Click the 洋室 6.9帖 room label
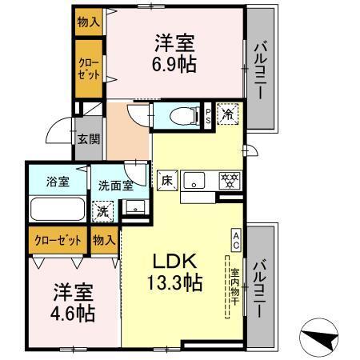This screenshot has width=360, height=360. (x=173, y=52)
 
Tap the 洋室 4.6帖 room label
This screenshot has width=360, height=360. (x=63, y=302)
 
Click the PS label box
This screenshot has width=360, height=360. (x=208, y=114)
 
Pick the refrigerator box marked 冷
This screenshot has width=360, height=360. (x=227, y=114)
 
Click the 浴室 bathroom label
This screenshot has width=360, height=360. (x=57, y=182)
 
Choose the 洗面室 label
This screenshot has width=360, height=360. (x=115, y=184)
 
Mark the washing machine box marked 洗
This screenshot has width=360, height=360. (x=102, y=212)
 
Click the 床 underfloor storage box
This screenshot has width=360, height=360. (x=166, y=179)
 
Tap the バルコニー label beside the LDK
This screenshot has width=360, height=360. (x=260, y=284)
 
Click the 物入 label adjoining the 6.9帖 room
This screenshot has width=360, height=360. (x=88, y=22)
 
